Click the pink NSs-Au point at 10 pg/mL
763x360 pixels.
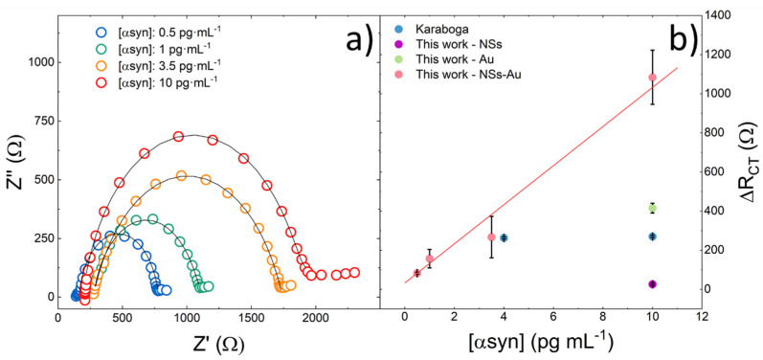[x=652, y=78]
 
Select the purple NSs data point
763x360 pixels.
[x=652, y=284]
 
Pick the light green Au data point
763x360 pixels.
[x=652, y=208]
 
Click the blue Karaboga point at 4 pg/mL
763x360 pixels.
[x=504, y=237]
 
